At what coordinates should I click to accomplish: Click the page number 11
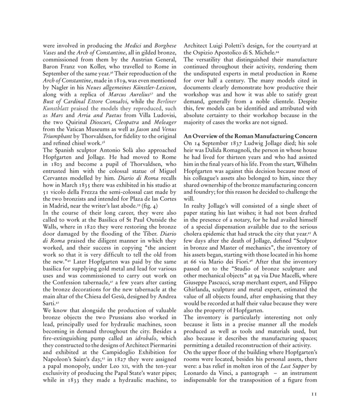click(314, 394)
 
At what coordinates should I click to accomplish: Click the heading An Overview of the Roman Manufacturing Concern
click(250, 136)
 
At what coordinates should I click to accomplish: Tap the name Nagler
click(60, 88)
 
